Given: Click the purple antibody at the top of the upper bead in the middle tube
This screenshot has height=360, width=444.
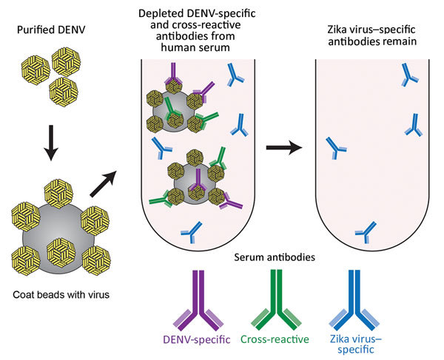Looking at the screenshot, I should (x=175, y=74).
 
